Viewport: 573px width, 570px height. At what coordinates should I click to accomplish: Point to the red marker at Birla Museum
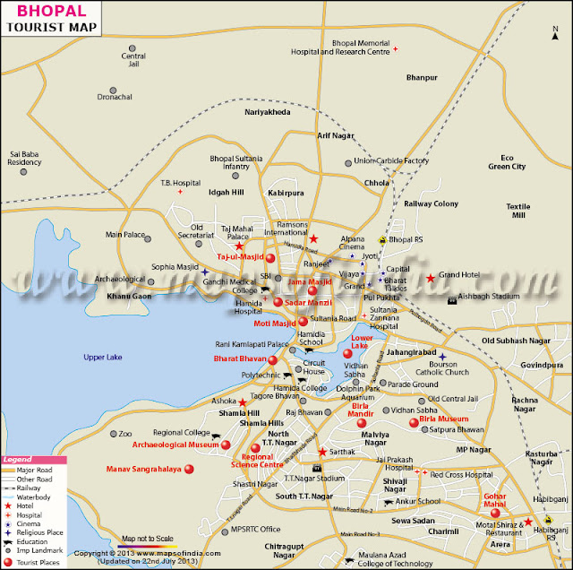[414, 422]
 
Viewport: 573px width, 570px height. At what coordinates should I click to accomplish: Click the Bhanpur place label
[420, 78]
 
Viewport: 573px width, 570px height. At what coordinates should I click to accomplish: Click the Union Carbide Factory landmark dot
[348, 163]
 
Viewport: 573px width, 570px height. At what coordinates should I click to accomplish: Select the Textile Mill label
[517, 211]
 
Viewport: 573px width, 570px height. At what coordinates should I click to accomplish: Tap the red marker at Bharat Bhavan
[272, 360]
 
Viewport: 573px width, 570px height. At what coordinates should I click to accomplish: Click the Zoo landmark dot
[112, 434]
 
